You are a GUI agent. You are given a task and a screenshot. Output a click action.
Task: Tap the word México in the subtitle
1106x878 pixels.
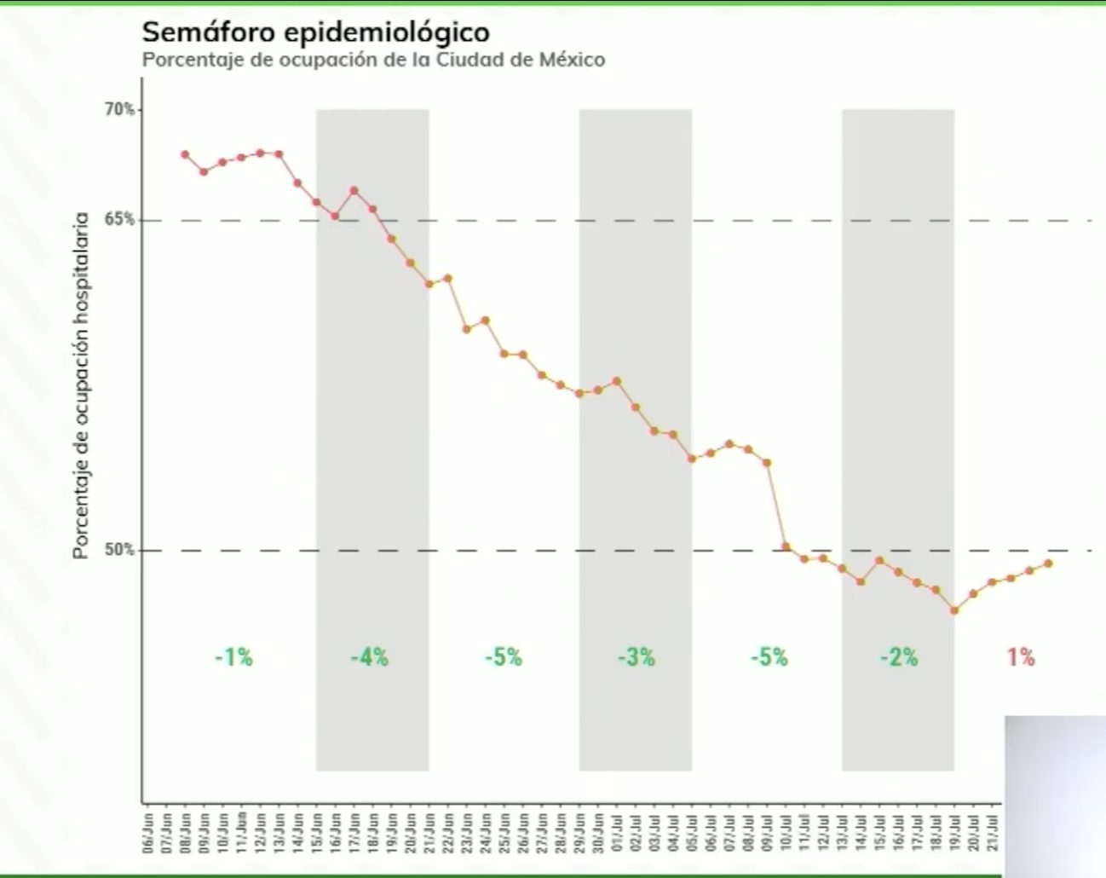pyautogui.click(x=572, y=61)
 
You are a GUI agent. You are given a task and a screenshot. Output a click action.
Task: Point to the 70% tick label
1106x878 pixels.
pyautogui.click(x=119, y=109)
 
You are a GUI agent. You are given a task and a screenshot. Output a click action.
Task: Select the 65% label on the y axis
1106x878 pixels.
pyautogui.click(x=119, y=219)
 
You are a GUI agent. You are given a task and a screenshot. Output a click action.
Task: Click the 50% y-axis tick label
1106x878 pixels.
pyautogui.click(x=119, y=550)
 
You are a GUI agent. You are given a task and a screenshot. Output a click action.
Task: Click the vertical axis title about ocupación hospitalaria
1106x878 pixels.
pyautogui.click(x=82, y=385)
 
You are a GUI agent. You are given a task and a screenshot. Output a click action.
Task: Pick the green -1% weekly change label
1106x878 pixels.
pyautogui.click(x=233, y=657)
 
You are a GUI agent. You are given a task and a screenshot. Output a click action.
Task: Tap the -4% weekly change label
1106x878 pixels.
pyautogui.click(x=370, y=657)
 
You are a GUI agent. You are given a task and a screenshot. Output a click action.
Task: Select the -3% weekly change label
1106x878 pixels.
pyautogui.click(x=637, y=657)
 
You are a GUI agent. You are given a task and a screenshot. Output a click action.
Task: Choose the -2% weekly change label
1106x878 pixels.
pyautogui.click(x=899, y=657)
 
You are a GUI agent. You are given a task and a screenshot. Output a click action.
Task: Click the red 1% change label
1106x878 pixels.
pyautogui.click(x=1021, y=657)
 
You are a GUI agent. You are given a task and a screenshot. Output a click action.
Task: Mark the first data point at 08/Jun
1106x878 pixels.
pyautogui.click(x=185, y=154)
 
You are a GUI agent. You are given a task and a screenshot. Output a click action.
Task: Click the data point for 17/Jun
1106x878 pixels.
pyautogui.click(x=354, y=191)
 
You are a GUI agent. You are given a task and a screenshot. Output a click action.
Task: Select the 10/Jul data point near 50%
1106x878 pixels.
pyautogui.click(x=786, y=547)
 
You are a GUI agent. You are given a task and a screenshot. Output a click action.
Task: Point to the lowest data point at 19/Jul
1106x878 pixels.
pyautogui.click(x=954, y=610)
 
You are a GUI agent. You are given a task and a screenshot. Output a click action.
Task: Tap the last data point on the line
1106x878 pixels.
pyautogui.click(x=1048, y=563)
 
